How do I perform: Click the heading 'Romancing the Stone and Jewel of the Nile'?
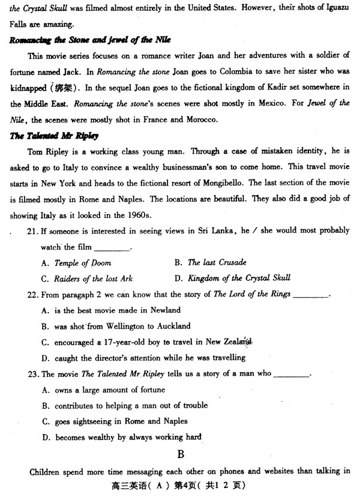[x=91, y=40]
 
